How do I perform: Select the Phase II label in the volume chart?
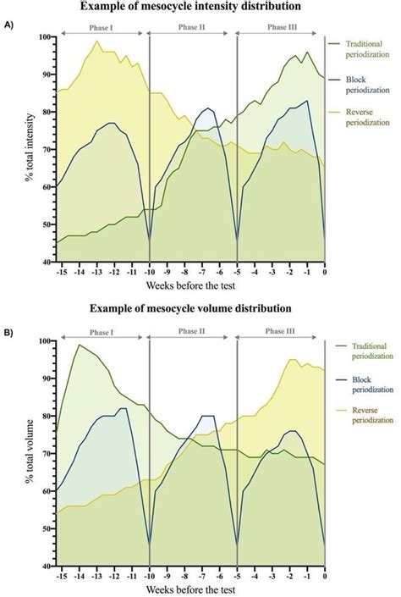191,332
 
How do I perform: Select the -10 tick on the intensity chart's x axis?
149,272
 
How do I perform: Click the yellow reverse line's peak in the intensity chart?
97,41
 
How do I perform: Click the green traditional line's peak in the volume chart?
79,345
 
